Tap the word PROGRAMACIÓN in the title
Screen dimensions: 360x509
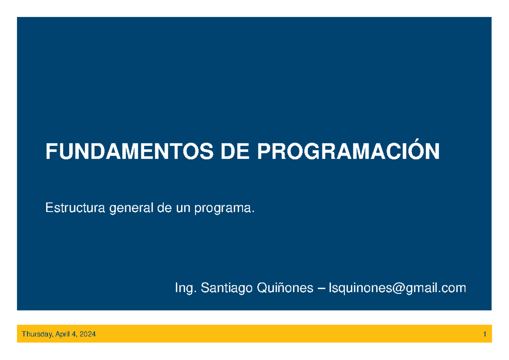(348, 151)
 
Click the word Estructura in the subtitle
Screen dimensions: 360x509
(75, 208)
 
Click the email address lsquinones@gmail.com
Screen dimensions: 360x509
(394, 289)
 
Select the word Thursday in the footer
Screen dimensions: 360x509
(36, 335)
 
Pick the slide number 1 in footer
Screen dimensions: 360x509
(484, 335)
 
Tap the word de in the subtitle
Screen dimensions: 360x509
(163, 208)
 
